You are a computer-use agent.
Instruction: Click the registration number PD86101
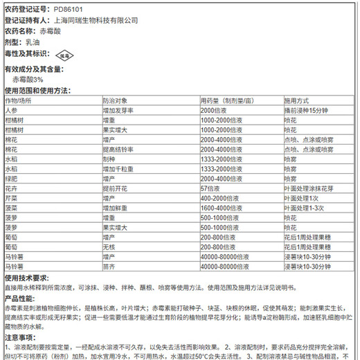coord(67,8)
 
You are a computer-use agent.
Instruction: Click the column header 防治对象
coord(116,101)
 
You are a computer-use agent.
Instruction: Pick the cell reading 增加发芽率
coord(118,111)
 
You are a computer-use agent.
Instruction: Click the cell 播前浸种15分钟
coord(309,111)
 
